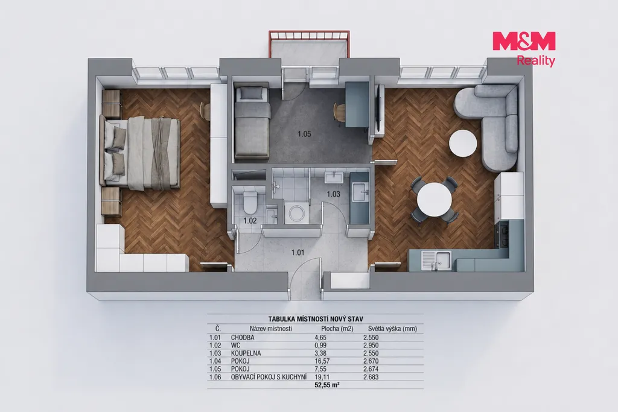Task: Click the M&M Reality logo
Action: click(524, 49)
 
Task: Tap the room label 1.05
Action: click(304, 134)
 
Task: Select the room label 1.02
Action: click(250, 221)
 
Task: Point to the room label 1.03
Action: click(333, 194)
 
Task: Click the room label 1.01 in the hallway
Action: click(298, 253)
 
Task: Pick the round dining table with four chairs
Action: click(435, 200)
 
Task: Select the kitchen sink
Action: click(436, 260)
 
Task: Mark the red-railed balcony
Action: click(308, 44)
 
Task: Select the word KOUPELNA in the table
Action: click(246, 353)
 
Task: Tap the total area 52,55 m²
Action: click(327, 385)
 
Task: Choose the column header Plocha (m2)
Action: click(337, 329)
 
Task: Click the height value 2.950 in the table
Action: click(371, 345)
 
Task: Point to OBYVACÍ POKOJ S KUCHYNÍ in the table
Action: click(269, 377)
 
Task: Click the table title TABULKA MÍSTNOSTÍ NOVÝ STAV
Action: click(316, 319)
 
